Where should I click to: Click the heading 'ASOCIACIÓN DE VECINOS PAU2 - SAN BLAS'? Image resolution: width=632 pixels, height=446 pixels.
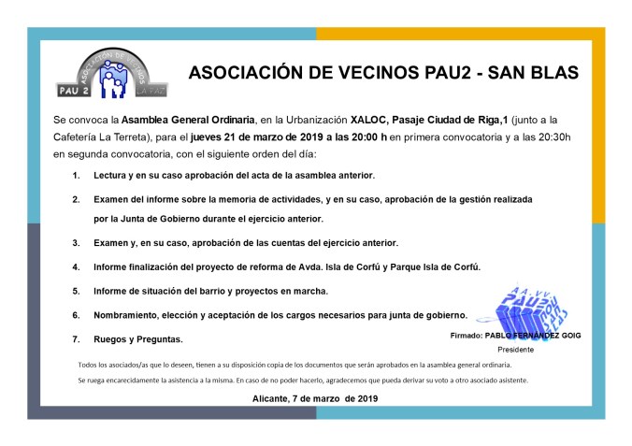coord(383,72)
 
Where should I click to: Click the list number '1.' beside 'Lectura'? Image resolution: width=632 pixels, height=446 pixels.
coord(76,176)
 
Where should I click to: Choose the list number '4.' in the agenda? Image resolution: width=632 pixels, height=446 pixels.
coord(76,267)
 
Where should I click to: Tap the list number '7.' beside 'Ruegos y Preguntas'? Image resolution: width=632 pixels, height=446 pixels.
coord(76,338)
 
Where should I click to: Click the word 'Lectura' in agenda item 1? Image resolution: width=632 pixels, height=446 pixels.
coord(114,176)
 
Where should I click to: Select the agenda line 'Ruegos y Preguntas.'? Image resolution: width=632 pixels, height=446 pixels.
coord(138,338)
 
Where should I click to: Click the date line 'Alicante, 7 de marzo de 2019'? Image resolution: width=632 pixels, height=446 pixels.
coord(315,398)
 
